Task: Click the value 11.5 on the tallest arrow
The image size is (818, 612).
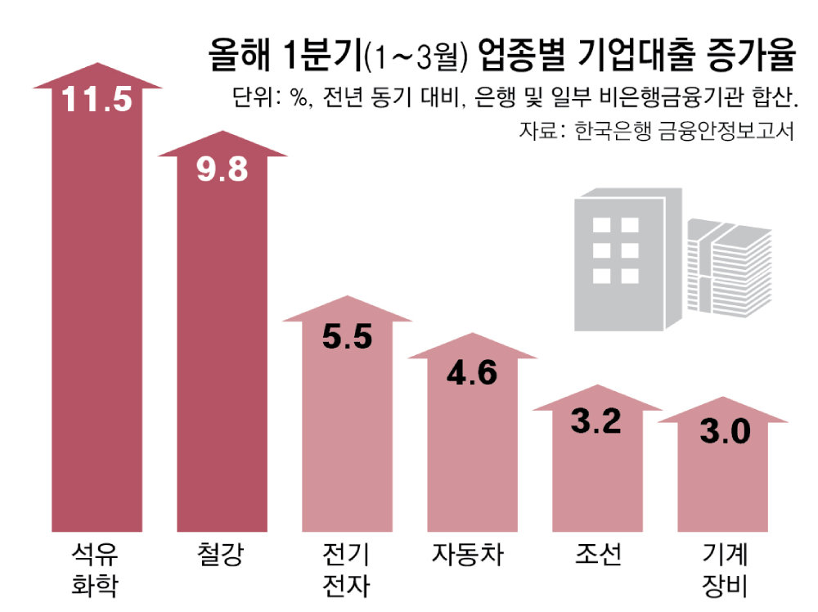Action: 97,100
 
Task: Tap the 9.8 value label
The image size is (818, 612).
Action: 222,169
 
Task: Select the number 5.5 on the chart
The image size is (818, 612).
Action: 348,335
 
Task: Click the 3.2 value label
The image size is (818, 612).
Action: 596,422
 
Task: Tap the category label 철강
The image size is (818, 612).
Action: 222,556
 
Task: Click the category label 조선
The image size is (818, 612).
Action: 597,556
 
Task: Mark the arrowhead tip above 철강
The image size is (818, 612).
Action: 223,132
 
